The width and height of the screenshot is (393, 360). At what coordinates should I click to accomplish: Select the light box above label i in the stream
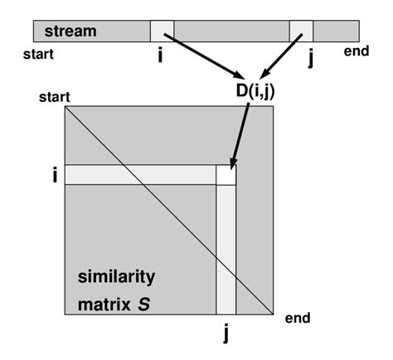click(x=162, y=31)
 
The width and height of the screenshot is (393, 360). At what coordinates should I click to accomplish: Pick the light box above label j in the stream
click(x=301, y=31)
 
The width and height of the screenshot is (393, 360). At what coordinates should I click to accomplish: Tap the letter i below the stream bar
click(x=161, y=57)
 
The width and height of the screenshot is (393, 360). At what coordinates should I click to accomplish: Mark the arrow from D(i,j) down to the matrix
click(x=241, y=133)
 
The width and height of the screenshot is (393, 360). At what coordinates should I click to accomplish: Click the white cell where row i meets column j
click(x=226, y=175)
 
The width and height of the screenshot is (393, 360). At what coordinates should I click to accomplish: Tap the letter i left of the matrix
click(x=55, y=176)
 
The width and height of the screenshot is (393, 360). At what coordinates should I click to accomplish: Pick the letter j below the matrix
click(x=226, y=333)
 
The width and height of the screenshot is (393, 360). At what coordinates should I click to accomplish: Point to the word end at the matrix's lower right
click(x=297, y=319)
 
